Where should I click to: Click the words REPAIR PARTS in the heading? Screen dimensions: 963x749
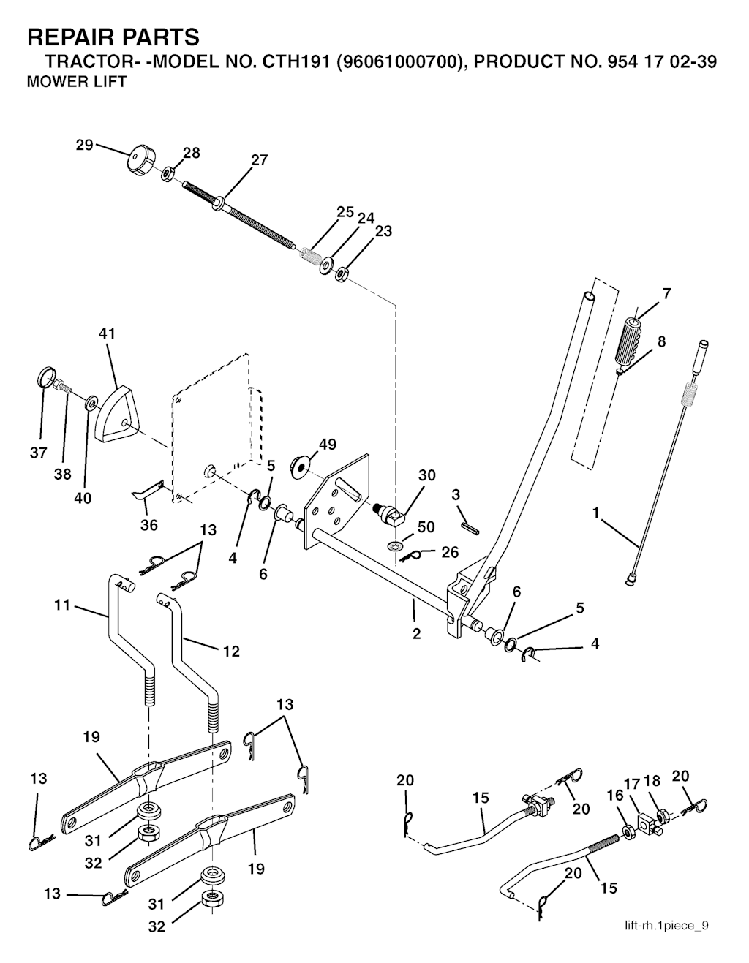click(x=113, y=37)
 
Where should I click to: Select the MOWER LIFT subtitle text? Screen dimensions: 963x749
click(x=76, y=81)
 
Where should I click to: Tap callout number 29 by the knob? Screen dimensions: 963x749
click(x=85, y=145)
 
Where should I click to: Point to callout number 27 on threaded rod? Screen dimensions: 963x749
click(x=260, y=160)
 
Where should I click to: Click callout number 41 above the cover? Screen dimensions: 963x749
click(x=108, y=333)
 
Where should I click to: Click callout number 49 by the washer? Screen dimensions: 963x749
click(x=327, y=444)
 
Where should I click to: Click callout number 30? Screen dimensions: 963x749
click(x=427, y=475)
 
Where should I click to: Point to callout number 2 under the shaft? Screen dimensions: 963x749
click(x=416, y=633)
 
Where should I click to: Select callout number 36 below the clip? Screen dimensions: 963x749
click(x=149, y=525)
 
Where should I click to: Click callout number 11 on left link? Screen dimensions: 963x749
click(x=63, y=605)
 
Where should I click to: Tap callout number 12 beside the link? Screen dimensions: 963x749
click(x=231, y=651)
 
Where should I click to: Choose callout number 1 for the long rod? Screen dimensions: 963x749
click(x=596, y=514)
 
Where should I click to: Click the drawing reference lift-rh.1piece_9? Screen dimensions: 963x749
click(x=666, y=926)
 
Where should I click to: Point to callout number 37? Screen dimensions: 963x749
click(x=38, y=453)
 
